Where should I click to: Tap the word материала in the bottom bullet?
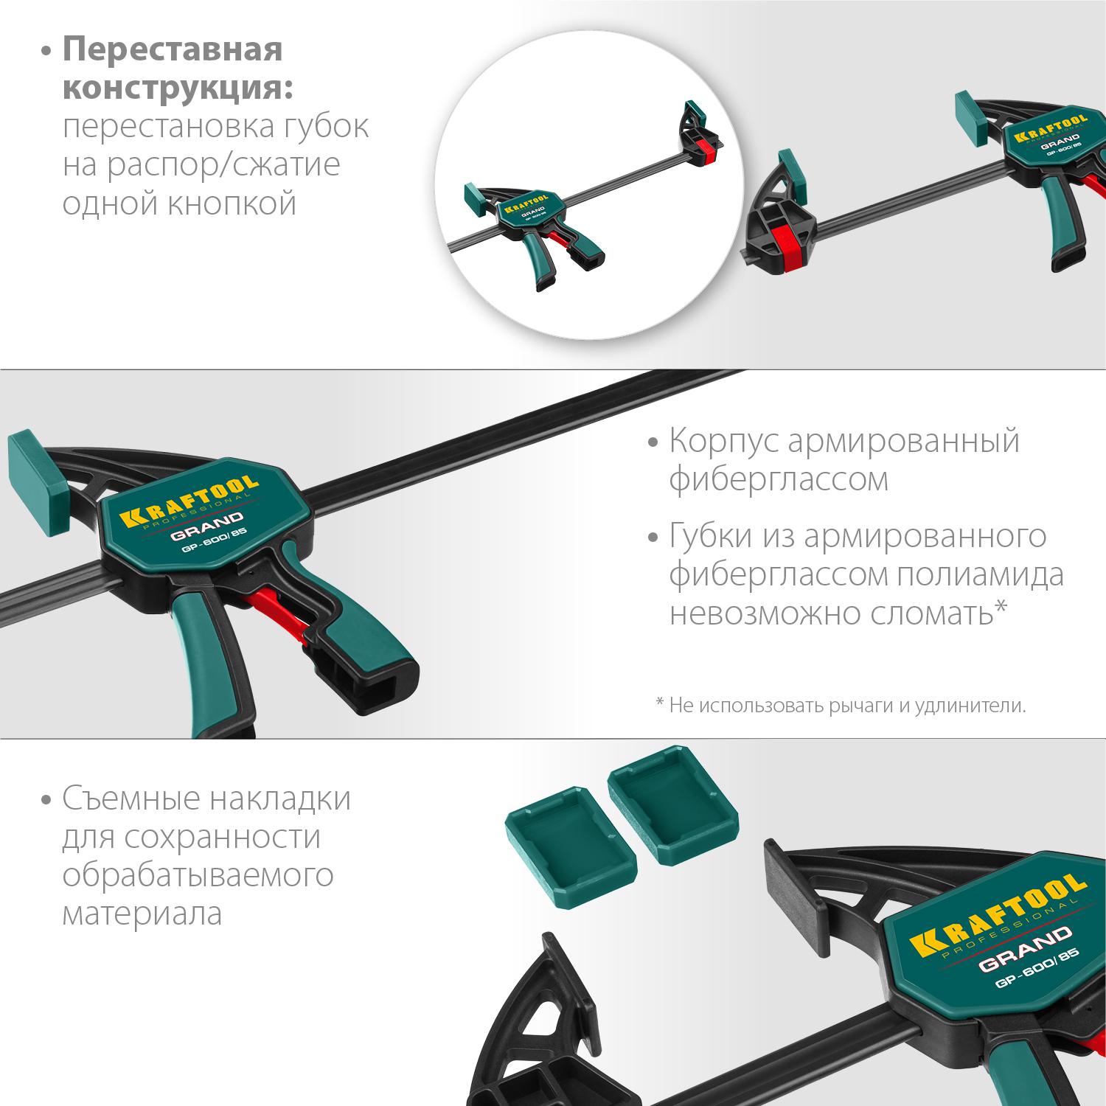(x=142, y=914)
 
